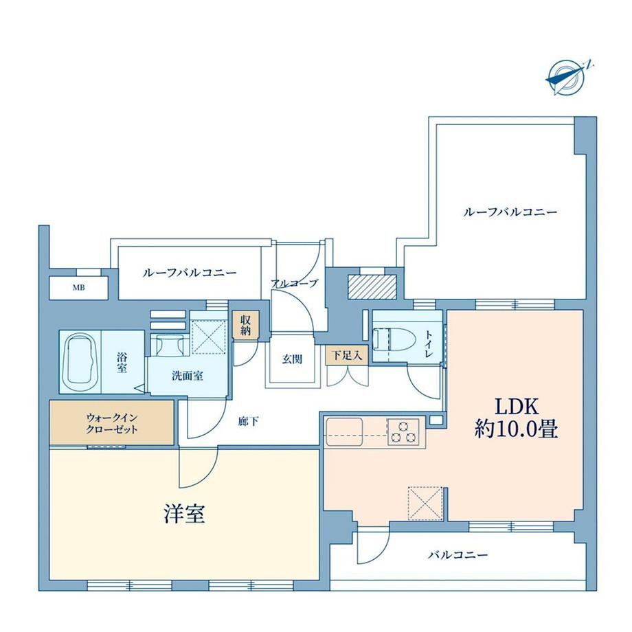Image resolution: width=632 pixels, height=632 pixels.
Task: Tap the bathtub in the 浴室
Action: pos(82,359)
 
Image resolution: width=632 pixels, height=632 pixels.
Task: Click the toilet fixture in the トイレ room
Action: pos(393,339)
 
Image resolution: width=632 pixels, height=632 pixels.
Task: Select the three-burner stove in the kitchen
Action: pos(403,431)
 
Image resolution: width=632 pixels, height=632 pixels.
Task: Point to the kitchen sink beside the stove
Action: pos(344,431)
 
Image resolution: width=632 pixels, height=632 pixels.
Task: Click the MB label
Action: pos(78,288)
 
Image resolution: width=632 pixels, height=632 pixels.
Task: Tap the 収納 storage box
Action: pos(245,324)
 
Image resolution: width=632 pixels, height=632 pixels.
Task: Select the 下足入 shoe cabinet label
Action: pos(347,355)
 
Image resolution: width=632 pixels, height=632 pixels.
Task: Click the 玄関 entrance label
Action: pos(292,359)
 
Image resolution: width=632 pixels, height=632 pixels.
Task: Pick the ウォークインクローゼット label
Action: pos(112,423)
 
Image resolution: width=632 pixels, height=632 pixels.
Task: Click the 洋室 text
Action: pos(184,514)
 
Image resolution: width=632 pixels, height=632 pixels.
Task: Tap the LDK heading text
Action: pos(517,407)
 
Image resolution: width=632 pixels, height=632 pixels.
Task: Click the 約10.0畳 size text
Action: pos(516,429)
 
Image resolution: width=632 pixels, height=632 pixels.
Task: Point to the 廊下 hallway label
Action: pos(248,422)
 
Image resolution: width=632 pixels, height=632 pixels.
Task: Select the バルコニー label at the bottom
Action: pos(458,555)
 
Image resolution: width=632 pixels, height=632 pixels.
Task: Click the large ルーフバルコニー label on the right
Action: pos(510,212)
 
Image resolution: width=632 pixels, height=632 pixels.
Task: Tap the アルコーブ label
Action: pos(295,283)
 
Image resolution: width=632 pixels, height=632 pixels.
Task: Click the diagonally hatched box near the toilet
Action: pos(372,287)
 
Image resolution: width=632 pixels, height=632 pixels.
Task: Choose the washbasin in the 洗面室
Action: pos(168,345)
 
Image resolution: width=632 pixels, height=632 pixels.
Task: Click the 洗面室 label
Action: pos(188,376)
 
